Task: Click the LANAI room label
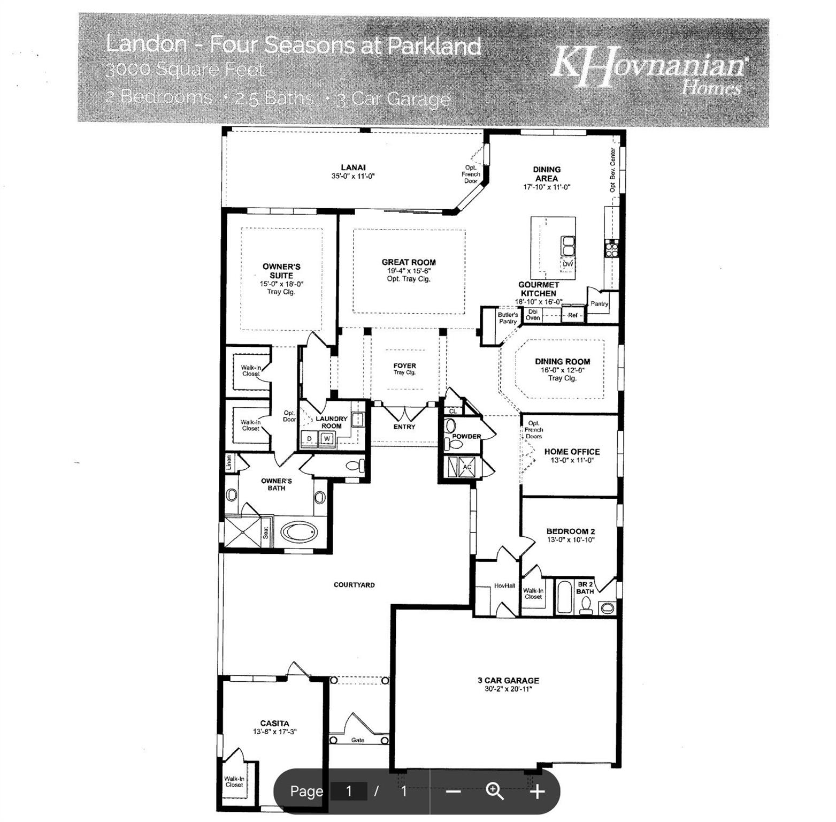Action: (x=353, y=168)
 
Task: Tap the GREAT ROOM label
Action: (x=409, y=262)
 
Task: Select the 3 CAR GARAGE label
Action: (x=508, y=680)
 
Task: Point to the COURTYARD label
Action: (x=354, y=585)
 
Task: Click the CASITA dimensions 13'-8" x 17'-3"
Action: (x=275, y=732)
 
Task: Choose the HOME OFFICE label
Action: (x=572, y=452)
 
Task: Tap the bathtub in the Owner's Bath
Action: (x=299, y=532)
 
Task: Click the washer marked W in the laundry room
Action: (x=327, y=439)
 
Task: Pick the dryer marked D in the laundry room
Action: (x=309, y=439)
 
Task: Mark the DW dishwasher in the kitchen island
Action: (x=567, y=264)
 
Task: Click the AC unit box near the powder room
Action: (x=467, y=467)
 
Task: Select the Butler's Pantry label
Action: (x=508, y=318)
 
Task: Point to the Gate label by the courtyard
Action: (x=358, y=740)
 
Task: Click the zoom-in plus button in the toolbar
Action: (x=538, y=791)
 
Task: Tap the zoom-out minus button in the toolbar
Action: (x=454, y=791)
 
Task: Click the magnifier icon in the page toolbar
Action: (x=495, y=791)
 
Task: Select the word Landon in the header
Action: (x=146, y=44)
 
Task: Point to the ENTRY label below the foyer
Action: (x=404, y=427)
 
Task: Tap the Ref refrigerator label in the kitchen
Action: (x=572, y=315)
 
